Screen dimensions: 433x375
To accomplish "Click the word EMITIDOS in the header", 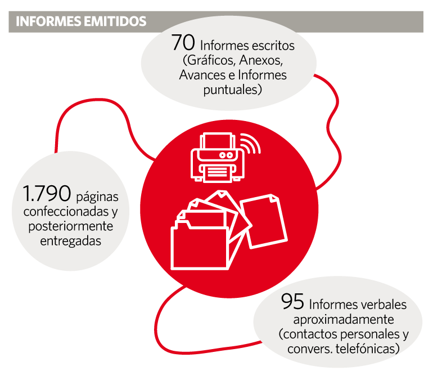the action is pyautogui.click(x=115, y=21).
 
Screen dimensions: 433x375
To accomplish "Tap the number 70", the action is pyautogui.click(x=183, y=43).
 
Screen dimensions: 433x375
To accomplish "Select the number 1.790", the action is pyautogui.click(x=47, y=193).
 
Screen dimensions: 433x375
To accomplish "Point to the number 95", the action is pyautogui.click(x=292, y=301).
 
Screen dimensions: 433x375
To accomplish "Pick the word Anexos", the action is pyautogui.click(x=261, y=60).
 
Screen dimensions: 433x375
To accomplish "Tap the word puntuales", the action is pyautogui.click(x=232, y=90).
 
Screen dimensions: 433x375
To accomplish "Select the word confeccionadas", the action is pyautogui.click(x=66, y=212).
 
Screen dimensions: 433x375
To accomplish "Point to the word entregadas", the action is pyautogui.click(x=71, y=241).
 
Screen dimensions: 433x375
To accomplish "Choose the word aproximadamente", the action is pyautogui.click(x=344, y=320).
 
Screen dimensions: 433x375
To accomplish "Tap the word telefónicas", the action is pyautogui.click(x=367, y=349).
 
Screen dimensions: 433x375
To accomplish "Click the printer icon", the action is pyautogui.click(x=217, y=158).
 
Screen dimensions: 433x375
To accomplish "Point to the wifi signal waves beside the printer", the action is pyautogui.click(x=250, y=143).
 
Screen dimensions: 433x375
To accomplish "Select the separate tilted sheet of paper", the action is pyautogui.click(x=264, y=221).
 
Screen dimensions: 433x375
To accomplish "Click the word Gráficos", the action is pyautogui.click(x=209, y=60).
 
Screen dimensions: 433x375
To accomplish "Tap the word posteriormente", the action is pyautogui.click(x=71, y=226).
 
